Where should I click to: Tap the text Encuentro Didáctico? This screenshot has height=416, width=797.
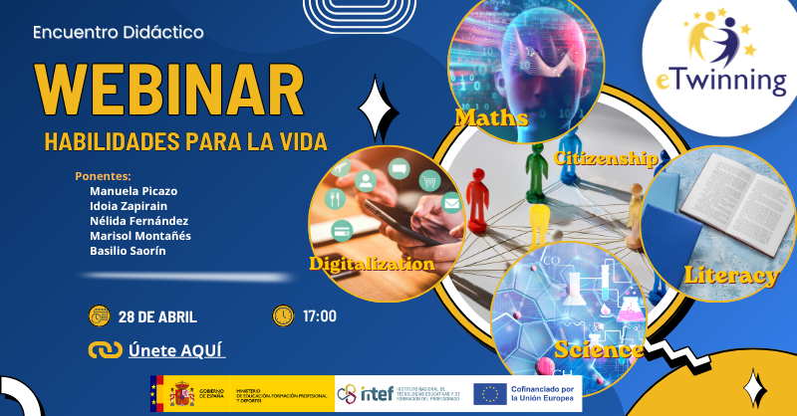(x=119, y=32)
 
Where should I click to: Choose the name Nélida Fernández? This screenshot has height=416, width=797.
(x=138, y=221)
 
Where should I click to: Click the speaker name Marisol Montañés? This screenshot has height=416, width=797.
(x=140, y=236)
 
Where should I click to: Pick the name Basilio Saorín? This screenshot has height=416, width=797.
(x=128, y=251)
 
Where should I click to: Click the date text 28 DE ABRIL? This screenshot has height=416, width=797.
(x=156, y=316)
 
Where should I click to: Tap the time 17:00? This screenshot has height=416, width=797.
(x=320, y=316)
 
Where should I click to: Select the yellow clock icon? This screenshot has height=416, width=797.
(x=284, y=315)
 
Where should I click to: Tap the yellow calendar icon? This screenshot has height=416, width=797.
(x=99, y=316)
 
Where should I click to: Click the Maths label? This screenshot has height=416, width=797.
(x=491, y=118)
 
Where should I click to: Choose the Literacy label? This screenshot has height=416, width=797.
(x=730, y=276)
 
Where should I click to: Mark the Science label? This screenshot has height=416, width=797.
(x=598, y=349)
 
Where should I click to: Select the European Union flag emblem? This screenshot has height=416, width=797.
(x=488, y=394)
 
